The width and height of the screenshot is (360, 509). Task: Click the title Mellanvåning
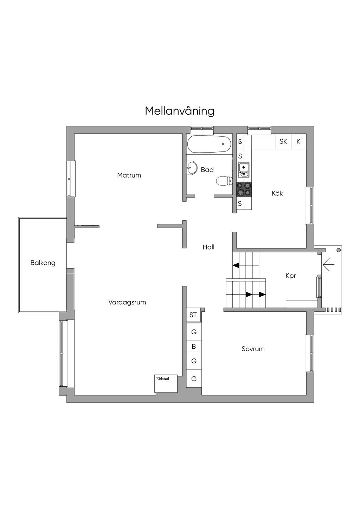coord(180,111)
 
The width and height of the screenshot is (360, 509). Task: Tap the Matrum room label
coord(129,175)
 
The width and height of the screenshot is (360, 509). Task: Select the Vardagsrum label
coord(127,302)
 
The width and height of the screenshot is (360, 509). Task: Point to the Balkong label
coord(43,263)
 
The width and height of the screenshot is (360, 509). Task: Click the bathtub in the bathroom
coord(209,144)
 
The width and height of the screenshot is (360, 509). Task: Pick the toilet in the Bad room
coord(224,181)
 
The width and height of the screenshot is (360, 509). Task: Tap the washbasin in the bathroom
coord(192,168)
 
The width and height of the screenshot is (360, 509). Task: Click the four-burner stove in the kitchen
coord(244,189)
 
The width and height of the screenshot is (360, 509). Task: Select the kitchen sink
coord(243,170)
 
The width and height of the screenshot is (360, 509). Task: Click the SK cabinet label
coord(283,141)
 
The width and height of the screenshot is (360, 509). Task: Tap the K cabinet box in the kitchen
coord(298,141)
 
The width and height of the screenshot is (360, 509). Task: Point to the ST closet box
coord(194,315)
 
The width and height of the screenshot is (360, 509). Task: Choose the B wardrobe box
coord(194,346)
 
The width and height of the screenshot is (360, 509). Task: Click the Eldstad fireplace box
coord(166,384)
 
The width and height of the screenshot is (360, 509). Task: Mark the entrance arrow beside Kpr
coord(328,264)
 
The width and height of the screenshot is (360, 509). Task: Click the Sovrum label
coord(253,349)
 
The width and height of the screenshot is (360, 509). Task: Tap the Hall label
coord(208,247)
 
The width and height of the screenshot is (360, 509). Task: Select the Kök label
coord(277,193)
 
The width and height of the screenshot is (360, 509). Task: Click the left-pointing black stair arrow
coord(236,265)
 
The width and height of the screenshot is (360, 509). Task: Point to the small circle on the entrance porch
coord(339,250)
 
